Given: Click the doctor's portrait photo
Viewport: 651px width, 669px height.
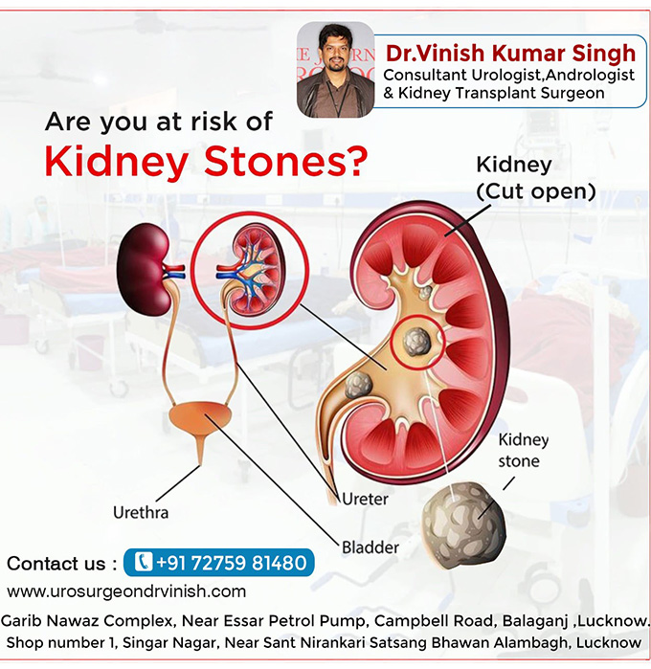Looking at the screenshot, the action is [335, 70].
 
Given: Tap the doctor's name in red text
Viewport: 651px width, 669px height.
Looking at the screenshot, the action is [510, 54].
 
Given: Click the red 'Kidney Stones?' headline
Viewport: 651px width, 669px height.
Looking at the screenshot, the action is [206, 162].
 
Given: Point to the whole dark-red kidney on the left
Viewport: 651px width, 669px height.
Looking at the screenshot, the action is [144, 270].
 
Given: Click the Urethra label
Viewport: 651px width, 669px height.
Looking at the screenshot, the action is [141, 512].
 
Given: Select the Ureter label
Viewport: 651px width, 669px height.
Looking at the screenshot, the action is [366, 499].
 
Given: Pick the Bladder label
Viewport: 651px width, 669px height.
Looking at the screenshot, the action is [370, 547].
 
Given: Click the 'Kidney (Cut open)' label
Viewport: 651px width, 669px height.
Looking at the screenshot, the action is [536, 178].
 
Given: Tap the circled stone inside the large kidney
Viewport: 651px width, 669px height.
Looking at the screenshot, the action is [417, 343].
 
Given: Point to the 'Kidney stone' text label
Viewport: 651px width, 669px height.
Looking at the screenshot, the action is [523, 451].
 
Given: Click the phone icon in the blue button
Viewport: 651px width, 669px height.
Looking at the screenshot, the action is [144, 562].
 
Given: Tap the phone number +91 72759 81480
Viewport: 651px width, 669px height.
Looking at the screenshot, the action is [232, 563].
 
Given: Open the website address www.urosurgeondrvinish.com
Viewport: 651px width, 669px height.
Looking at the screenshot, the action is [126, 591].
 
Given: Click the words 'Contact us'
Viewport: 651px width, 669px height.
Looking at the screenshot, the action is [56, 564].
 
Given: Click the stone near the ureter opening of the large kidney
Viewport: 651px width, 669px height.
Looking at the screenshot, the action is [359, 385].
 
